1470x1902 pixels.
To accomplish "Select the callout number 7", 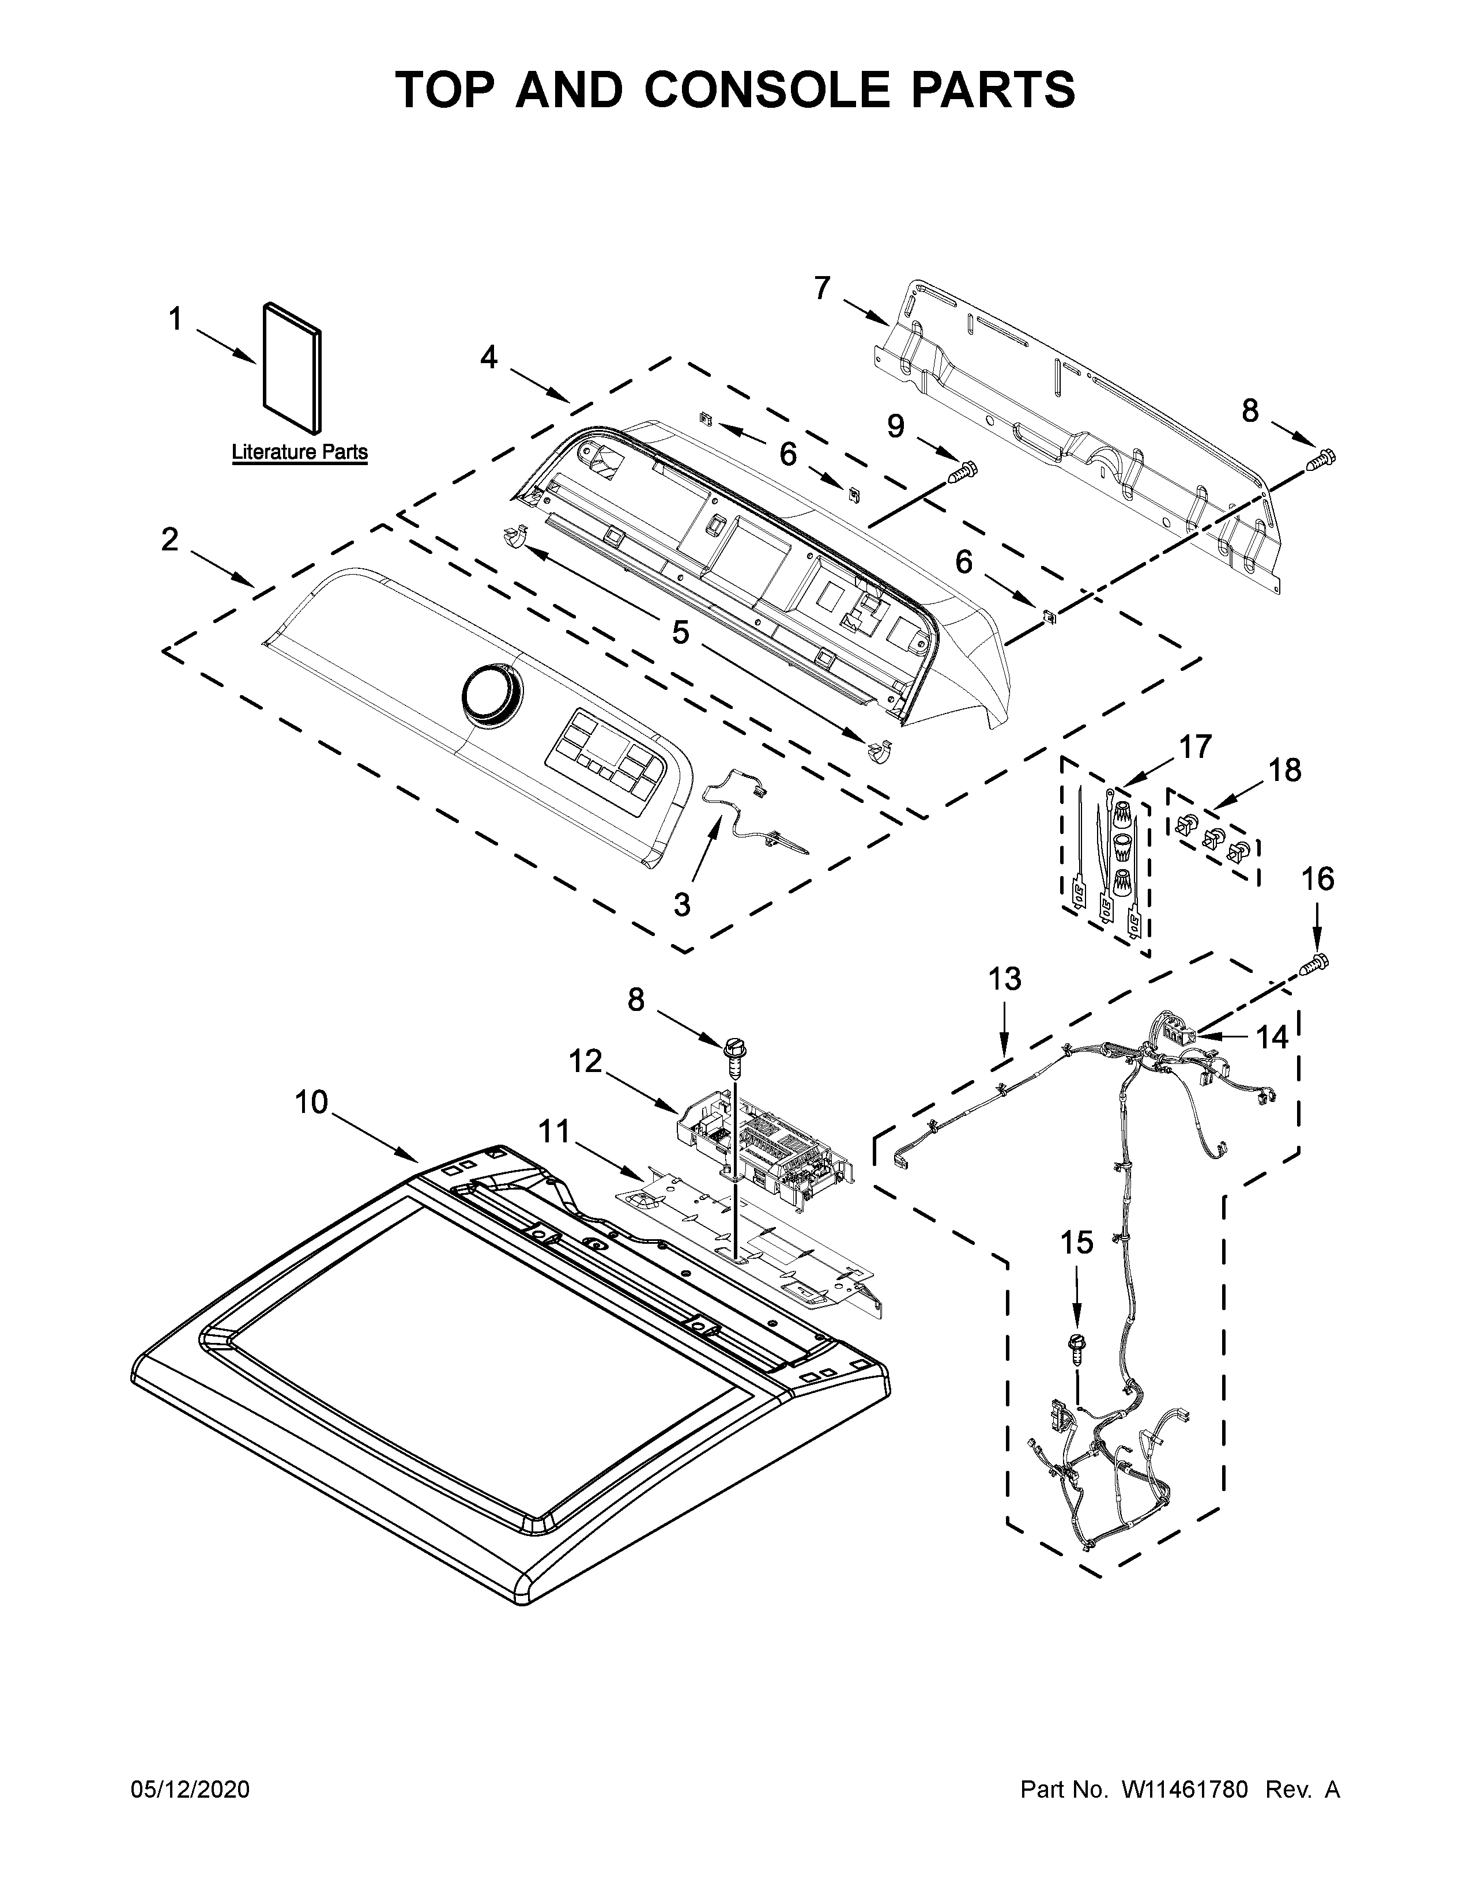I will click(822, 288).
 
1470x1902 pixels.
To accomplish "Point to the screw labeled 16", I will click(1316, 963).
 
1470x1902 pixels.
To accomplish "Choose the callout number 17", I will click(1195, 746).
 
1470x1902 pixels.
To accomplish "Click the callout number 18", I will click(1284, 770).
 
